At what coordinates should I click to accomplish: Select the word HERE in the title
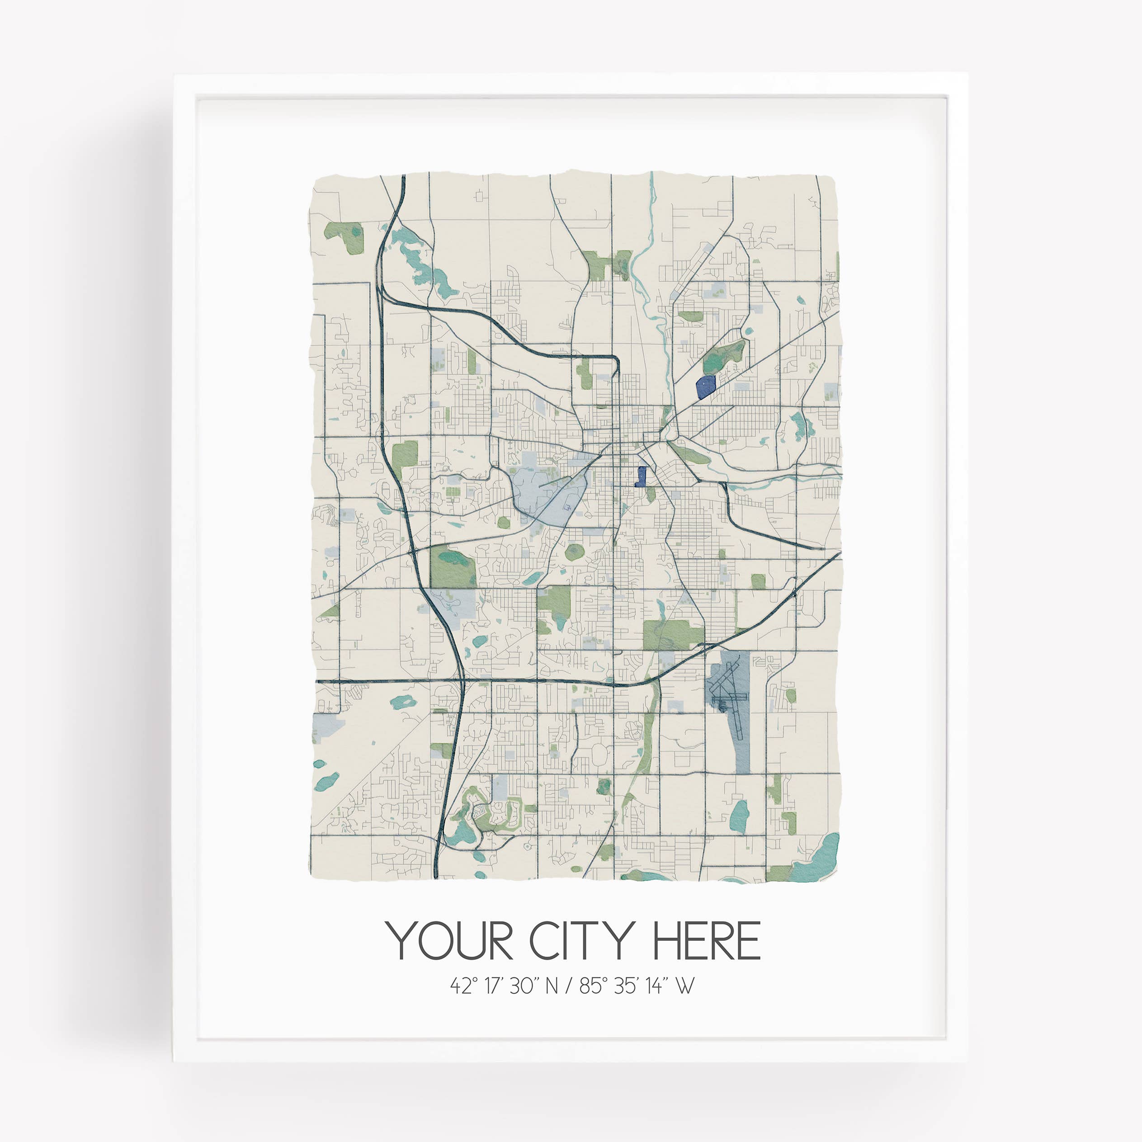coord(705,940)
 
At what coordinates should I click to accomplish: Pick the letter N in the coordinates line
coord(551,986)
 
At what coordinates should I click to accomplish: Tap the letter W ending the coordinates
coord(684,986)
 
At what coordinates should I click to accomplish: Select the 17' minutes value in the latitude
coord(494,986)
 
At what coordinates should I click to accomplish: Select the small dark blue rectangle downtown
coord(641,476)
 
